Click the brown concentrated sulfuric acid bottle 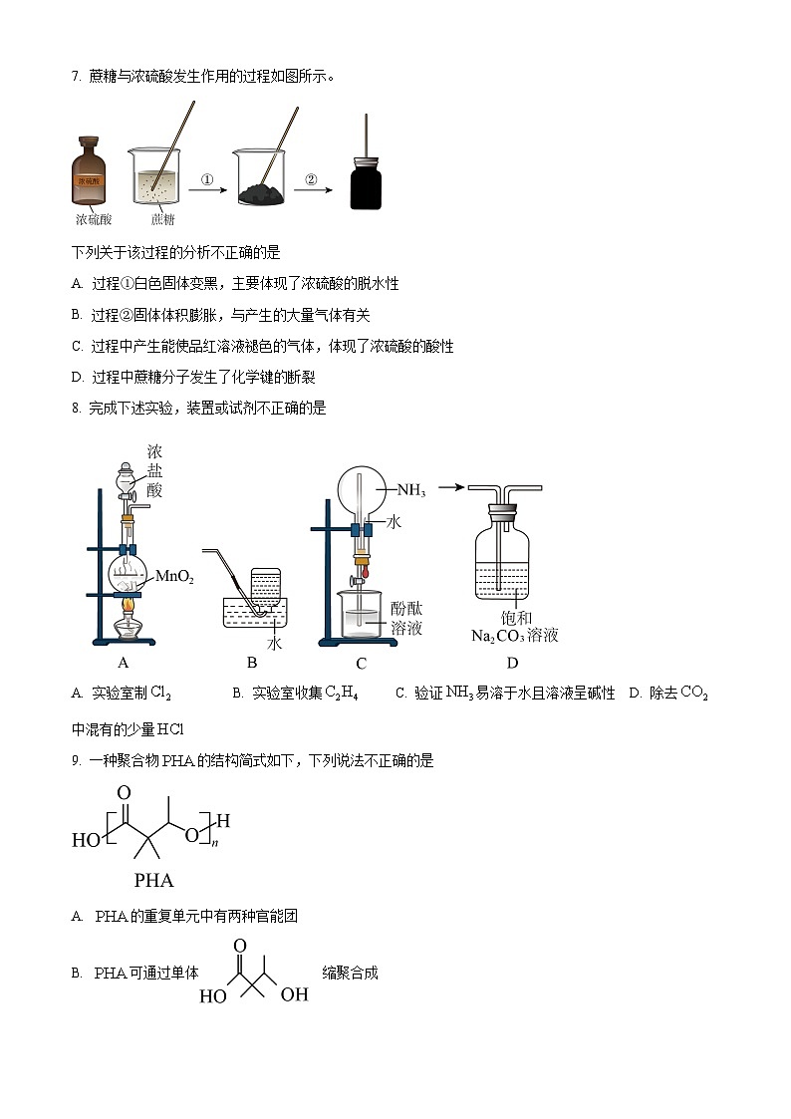point(97,175)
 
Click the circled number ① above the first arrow point(207,180)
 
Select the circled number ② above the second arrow point(310,180)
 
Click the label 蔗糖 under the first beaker point(162,219)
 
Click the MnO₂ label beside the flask point(174,578)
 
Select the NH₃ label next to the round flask point(411,490)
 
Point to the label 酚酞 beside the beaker point(407,608)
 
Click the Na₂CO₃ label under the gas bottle point(499,635)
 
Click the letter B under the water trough point(252,664)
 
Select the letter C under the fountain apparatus point(361,665)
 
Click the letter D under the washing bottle point(512,664)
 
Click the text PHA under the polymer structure point(153,880)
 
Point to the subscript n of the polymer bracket point(214,843)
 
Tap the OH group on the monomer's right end point(294,995)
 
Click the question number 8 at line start point(76,408)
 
